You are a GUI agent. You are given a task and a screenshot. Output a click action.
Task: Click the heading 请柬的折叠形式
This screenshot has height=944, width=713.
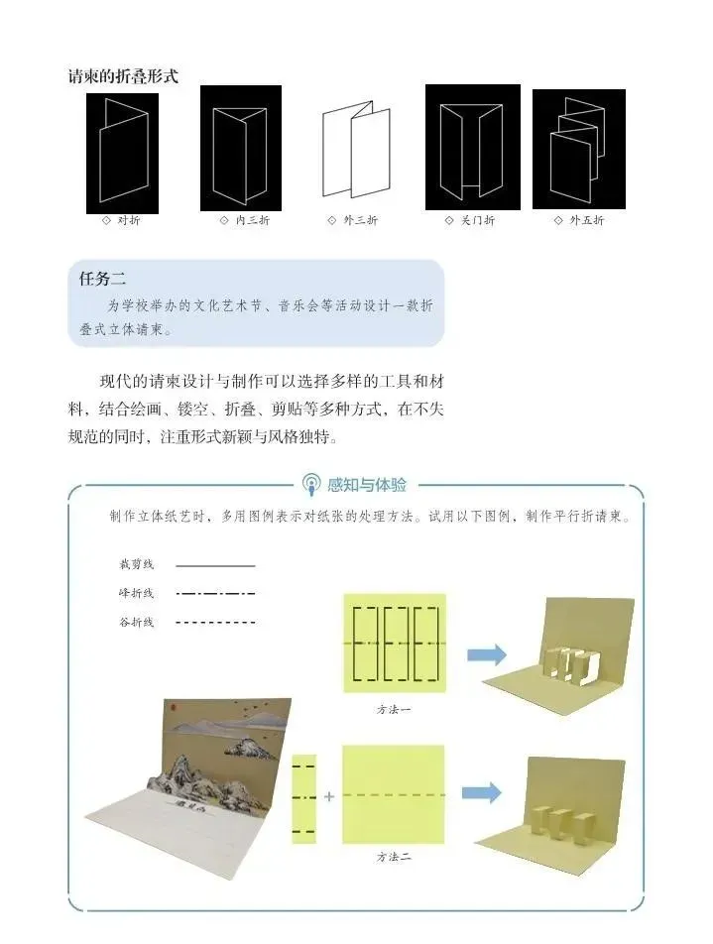pos(122,76)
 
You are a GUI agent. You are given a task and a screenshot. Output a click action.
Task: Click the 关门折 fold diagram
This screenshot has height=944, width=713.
pos(473,147)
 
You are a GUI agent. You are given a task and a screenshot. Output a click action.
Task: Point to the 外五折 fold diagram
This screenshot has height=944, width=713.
pos(578,149)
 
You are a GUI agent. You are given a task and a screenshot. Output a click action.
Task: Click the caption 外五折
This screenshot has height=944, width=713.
pos(585,220)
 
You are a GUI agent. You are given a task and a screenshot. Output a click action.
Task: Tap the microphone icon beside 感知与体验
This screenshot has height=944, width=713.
pos(311,485)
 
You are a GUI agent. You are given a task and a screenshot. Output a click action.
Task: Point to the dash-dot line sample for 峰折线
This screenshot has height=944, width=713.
pos(215,594)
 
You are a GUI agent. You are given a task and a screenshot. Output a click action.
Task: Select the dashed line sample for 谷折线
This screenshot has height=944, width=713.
pos(215,623)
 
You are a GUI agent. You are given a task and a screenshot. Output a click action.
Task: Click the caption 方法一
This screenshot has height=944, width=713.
pos(393,710)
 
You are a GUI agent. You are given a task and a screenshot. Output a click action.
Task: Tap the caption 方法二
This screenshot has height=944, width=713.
pos(393,856)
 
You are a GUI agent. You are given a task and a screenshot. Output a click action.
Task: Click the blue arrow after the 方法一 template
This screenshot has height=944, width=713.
pos(486,653)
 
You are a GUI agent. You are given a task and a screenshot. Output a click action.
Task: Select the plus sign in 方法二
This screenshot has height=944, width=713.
pos(329,795)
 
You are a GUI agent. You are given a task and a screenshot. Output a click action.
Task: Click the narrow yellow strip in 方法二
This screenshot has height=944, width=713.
pos(303,798)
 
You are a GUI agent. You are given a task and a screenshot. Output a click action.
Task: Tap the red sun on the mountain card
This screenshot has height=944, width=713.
pos(171,709)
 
